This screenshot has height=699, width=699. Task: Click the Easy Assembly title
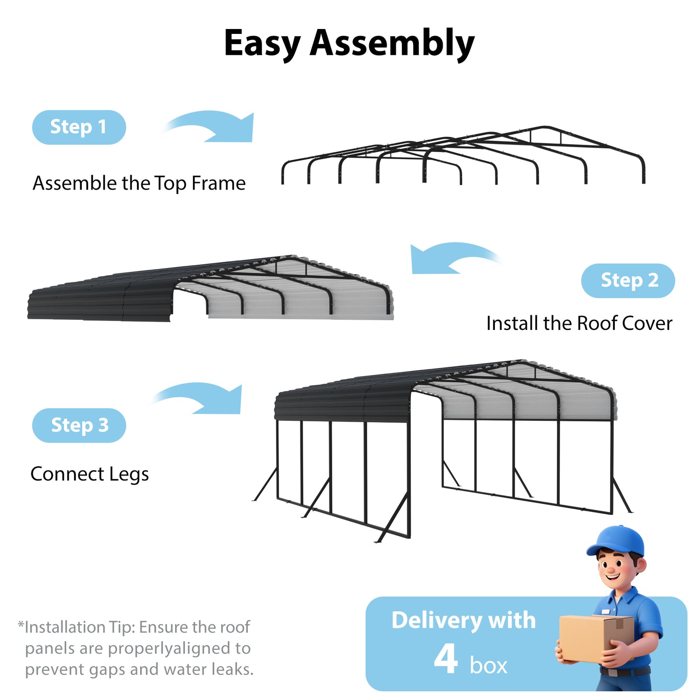[349, 44]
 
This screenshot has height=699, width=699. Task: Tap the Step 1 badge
[79, 127]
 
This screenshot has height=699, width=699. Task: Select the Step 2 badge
[628, 281]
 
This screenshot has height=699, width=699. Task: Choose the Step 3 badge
[79, 425]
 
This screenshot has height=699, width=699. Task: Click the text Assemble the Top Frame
[139, 183]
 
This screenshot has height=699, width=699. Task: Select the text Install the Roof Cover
[579, 323]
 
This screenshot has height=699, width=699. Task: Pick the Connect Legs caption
[89, 474]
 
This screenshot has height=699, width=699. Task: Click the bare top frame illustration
[463, 155]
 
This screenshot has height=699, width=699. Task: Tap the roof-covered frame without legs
[210, 289]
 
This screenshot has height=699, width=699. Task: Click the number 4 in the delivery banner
[446, 659]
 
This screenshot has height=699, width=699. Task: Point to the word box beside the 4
[488, 666]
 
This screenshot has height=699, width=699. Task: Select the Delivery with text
[463, 620]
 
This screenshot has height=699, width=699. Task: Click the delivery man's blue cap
[618, 542]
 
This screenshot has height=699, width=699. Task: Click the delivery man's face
[617, 571]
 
